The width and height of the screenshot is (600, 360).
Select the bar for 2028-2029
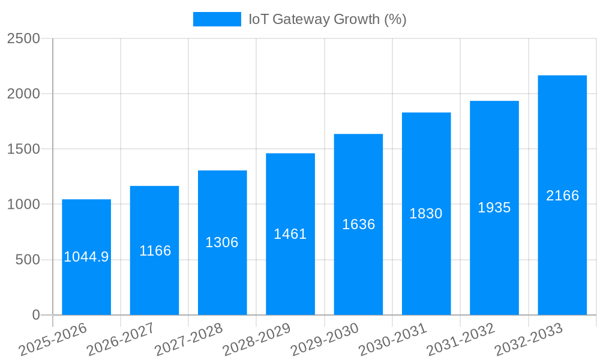[290, 270]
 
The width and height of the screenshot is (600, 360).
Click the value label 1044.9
[86, 257]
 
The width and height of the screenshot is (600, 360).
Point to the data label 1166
[155, 251]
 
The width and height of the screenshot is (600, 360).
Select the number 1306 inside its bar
[222, 242]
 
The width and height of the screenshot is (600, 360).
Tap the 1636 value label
[358, 224]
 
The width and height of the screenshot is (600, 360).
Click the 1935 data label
[494, 208]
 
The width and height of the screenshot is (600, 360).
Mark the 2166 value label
[562, 196]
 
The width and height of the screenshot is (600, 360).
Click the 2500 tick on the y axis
[23, 38]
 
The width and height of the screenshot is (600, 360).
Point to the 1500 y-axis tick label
[23, 149]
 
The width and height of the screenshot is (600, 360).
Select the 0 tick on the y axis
[35, 315]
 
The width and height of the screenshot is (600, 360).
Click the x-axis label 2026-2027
[121, 340]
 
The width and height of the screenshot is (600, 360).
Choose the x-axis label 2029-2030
[325, 340]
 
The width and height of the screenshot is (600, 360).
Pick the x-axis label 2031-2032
[461, 340]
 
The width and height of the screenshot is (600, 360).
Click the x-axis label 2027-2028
[188, 340]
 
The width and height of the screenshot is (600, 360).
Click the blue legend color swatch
[217, 19]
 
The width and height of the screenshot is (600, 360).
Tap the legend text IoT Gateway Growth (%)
[328, 19]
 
